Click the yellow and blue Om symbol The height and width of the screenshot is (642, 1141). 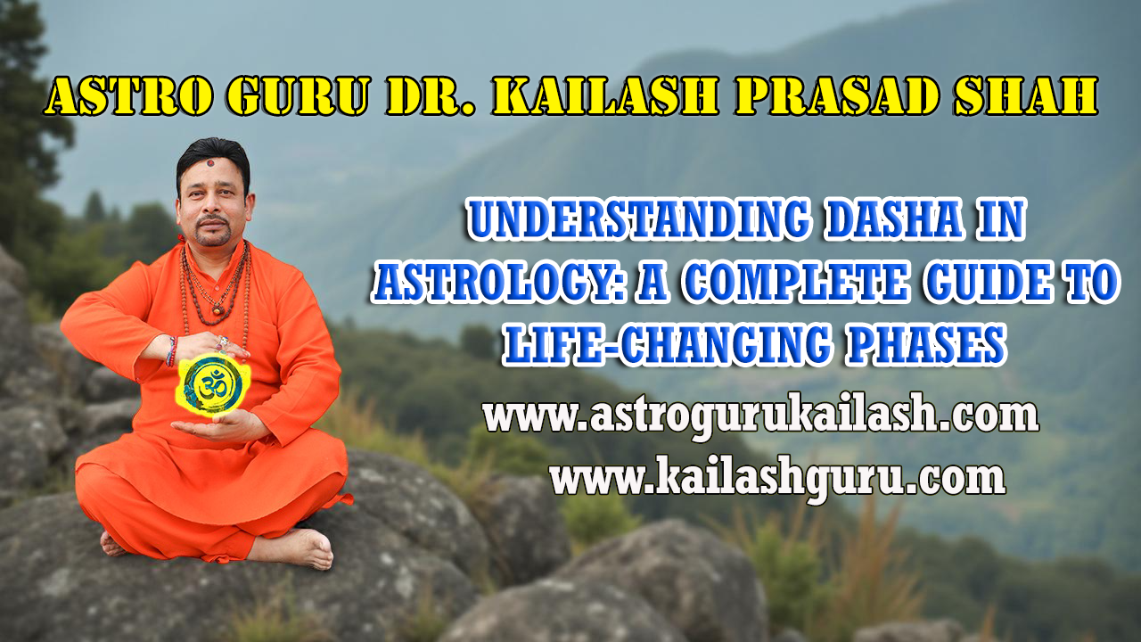(x=209, y=383)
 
